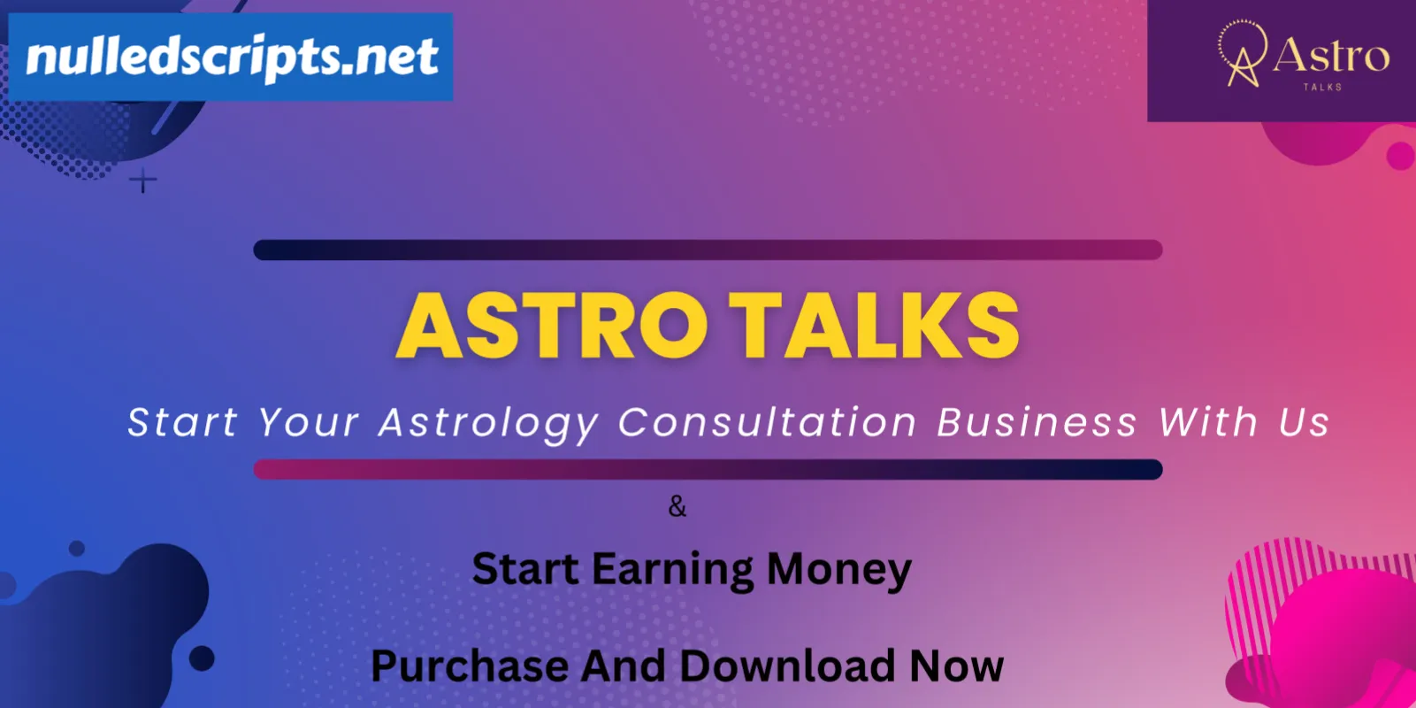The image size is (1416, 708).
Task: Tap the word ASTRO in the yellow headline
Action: pos(552,326)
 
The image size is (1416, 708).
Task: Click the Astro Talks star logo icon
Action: pos(1243,54)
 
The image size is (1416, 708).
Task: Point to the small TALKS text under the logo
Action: pos(1322,87)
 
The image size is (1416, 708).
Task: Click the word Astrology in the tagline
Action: pos(487,423)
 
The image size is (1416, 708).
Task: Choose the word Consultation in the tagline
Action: pos(768,422)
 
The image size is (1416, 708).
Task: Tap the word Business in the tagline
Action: pos(1037,422)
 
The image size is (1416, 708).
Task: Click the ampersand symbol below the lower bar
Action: pos(677,507)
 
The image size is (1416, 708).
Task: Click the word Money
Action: pos(838,570)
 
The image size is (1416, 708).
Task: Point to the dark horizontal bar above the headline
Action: pos(708,250)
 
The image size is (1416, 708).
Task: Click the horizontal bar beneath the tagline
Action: pos(708,469)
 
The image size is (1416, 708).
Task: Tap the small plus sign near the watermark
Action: pos(143,181)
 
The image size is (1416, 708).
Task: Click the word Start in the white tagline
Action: pos(182,422)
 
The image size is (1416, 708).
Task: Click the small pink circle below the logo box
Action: pos(1400,156)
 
